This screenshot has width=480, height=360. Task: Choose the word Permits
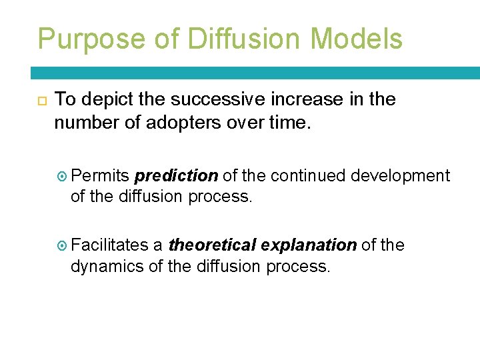[101, 176]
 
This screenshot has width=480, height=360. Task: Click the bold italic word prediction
[176, 176]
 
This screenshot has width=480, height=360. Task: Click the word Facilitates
[109, 245]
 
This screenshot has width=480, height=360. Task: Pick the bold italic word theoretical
[212, 245]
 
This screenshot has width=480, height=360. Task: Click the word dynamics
[103, 267]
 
